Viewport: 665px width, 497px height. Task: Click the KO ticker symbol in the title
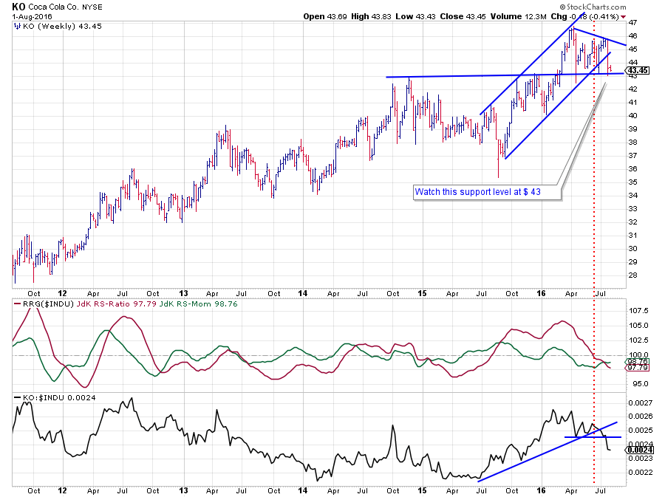click(18, 6)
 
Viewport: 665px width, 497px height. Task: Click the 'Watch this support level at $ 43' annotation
click(488, 192)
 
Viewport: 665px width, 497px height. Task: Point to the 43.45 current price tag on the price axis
click(638, 70)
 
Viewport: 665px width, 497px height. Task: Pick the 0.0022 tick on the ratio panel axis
click(638, 472)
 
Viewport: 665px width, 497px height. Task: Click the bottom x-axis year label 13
click(183, 490)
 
